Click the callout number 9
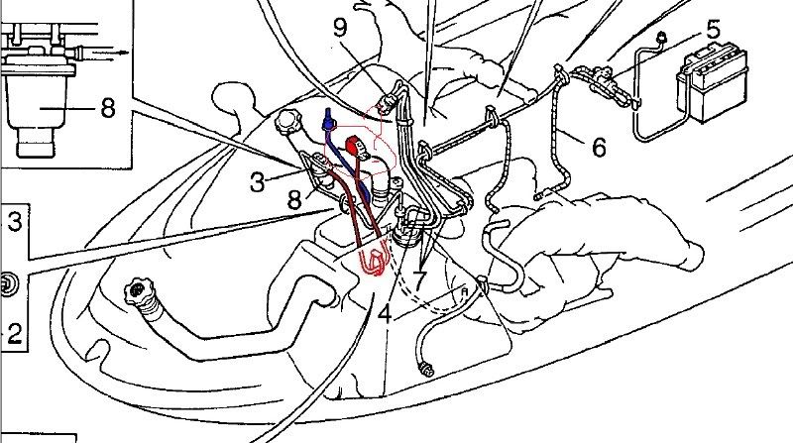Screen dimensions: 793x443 [x=341, y=28]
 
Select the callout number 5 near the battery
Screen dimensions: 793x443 [x=713, y=30]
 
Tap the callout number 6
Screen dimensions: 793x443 [x=599, y=147]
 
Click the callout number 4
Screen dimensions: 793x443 [x=385, y=313]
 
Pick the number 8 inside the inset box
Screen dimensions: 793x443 [x=108, y=108]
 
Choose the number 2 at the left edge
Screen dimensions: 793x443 [x=14, y=334]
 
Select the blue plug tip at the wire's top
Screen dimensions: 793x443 [x=328, y=118]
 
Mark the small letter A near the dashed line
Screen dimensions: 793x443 [x=464, y=290]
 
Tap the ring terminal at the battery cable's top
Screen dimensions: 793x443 [x=660, y=37]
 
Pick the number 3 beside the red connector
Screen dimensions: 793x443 [x=257, y=182]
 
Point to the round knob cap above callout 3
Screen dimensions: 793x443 [x=286, y=122]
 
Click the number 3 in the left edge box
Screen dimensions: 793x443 [x=14, y=222]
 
